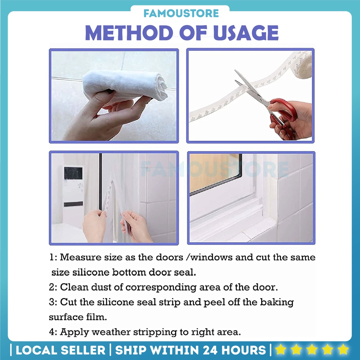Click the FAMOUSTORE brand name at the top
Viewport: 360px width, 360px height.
181,14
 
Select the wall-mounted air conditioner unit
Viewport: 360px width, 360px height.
73,186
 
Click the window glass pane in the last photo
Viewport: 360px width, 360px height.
214,172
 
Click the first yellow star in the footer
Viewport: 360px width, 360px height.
281,349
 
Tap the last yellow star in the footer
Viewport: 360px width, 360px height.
342,349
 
